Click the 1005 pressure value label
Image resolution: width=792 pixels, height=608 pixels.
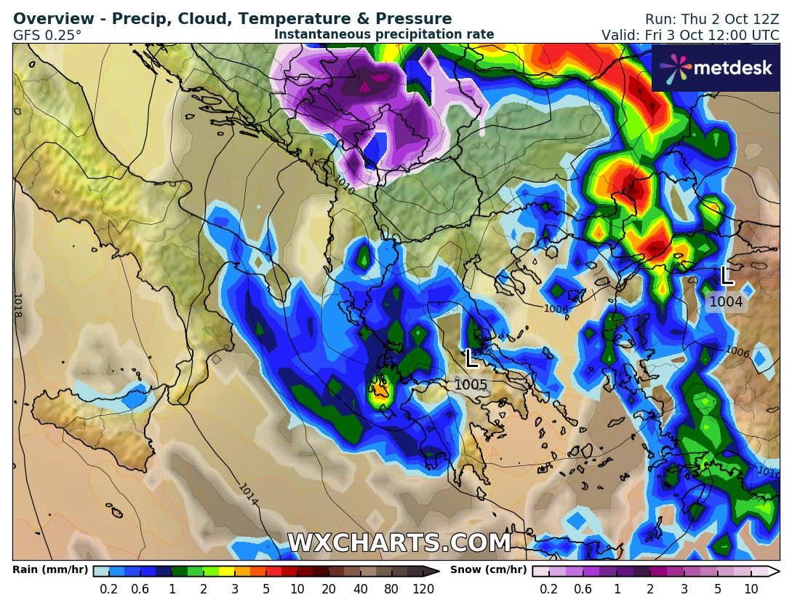click(x=472, y=384)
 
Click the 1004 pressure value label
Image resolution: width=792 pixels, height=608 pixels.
click(x=726, y=301)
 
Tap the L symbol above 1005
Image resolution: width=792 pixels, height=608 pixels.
click(x=471, y=358)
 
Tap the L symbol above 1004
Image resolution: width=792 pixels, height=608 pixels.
click(x=726, y=276)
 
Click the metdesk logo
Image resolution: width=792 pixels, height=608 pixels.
click(x=716, y=68)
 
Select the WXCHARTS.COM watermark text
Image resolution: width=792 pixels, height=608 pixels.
click(x=399, y=543)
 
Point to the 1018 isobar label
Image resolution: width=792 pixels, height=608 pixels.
click(x=17, y=305)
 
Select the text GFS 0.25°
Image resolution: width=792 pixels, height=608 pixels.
click(x=47, y=34)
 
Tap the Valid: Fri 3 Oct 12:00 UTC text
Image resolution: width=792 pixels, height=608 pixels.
click(x=689, y=35)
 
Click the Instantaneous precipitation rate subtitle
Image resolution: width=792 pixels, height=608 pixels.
click(x=384, y=34)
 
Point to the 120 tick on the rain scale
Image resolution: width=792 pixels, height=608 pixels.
click(x=424, y=589)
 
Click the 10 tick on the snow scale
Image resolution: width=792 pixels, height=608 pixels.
click(x=752, y=589)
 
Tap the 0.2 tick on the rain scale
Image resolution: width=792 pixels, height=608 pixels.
click(x=109, y=589)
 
